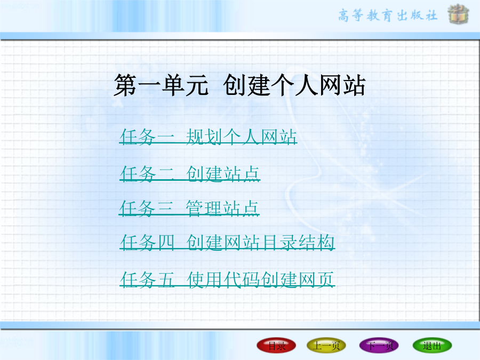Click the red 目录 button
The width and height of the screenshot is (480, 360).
pyautogui.click(x=276, y=346)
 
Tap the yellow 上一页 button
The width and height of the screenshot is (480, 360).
pyautogui.click(x=326, y=346)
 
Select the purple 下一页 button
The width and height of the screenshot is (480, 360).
pyautogui.click(x=379, y=346)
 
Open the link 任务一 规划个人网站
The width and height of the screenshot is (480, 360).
pyautogui.click(x=208, y=137)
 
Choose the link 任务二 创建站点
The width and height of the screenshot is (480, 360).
pyautogui.click(x=190, y=174)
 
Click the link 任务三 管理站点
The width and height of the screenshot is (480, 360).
pyautogui.click(x=189, y=209)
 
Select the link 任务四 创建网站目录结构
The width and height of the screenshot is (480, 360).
pyautogui.click(x=227, y=243)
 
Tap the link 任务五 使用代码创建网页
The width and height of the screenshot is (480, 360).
pyautogui.click(x=227, y=280)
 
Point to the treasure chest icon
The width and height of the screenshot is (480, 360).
pyautogui.click(x=458, y=14)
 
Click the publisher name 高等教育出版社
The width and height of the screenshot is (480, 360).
pyautogui.click(x=388, y=15)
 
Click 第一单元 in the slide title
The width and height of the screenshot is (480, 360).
pyautogui.click(x=161, y=85)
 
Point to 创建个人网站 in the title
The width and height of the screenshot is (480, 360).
pyautogui.click(x=294, y=85)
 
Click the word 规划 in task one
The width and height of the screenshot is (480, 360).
pyautogui.click(x=204, y=137)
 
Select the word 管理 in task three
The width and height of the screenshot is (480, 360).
pyautogui.click(x=204, y=209)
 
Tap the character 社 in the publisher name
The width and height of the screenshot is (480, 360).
pyautogui.click(x=431, y=15)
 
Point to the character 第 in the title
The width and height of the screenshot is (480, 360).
pyautogui.click(x=125, y=85)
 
